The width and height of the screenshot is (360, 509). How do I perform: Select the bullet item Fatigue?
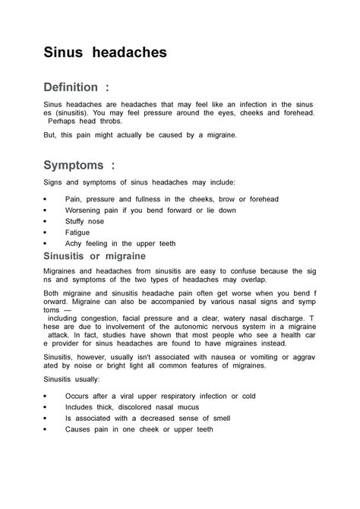click(x=77, y=232)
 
